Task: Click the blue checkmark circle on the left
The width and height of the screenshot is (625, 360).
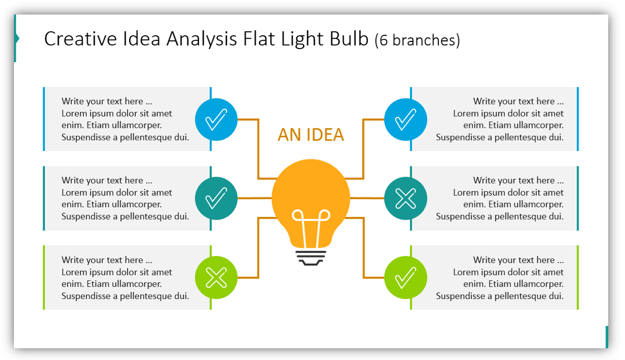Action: (x=216, y=119)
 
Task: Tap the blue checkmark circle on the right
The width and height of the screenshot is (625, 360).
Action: (x=405, y=119)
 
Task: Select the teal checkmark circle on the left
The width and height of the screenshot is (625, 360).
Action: (x=216, y=198)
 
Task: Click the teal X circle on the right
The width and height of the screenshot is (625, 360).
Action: (x=405, y=198)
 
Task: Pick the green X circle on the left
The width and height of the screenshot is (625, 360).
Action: (x=216, y=277)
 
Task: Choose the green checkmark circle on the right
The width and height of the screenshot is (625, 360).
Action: (x=405, y=277)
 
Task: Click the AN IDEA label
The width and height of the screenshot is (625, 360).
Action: (x=311, y=135)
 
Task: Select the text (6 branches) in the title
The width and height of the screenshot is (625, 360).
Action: (x=417, y=40)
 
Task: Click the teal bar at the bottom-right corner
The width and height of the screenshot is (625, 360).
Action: (x=607, y=337)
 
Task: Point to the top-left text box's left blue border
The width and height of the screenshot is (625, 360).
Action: (x=44, y=119)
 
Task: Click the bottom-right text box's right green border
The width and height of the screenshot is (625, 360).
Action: (x=577, y=277)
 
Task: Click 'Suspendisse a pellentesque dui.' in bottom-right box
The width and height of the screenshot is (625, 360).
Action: (x=499, y=296)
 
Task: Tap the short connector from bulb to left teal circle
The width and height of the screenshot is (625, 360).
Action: (x=255, y=198)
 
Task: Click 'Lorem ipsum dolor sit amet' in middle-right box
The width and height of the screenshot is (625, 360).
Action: (x=508, y=192)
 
